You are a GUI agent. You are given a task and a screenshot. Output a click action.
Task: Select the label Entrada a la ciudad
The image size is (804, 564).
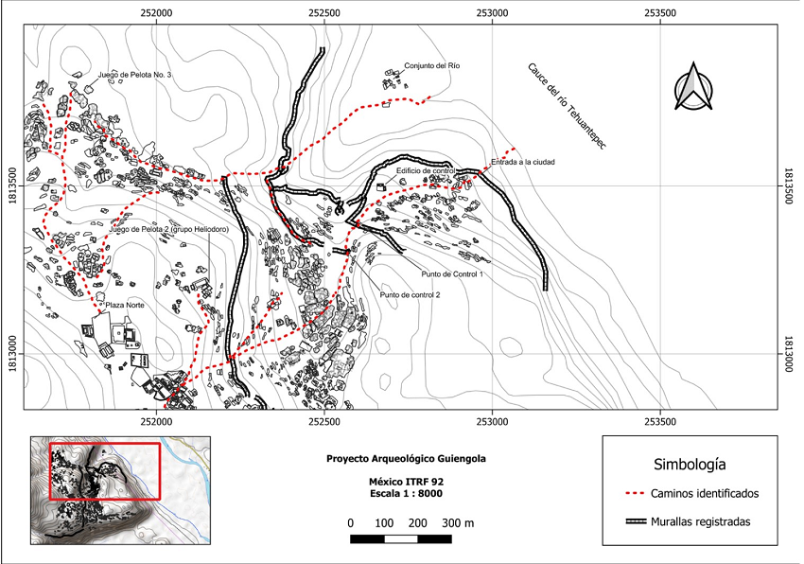tap(521, 163)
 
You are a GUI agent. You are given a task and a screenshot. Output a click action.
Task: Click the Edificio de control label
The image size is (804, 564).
tap(426, 170)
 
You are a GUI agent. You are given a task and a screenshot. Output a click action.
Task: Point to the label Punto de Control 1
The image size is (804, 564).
tap(454, 274)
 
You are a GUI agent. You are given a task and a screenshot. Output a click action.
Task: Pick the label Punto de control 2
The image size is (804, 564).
tap(411, 294)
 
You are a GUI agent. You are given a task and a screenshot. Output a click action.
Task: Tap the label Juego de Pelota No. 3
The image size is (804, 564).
tap(133, 75)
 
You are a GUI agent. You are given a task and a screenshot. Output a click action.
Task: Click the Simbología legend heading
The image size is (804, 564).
tap(690, 465)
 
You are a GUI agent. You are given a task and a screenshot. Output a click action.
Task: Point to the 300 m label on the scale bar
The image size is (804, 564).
tap(457, 522)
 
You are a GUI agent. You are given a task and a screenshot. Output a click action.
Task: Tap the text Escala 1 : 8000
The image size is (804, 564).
tap(405, 493)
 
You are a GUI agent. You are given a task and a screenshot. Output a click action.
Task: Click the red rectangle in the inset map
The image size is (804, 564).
tap(105, 470)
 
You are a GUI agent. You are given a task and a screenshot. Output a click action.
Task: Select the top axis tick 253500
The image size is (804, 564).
tap(658, 14)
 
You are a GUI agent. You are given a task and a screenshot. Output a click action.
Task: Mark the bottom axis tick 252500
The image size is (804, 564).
tap(323, 420)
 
